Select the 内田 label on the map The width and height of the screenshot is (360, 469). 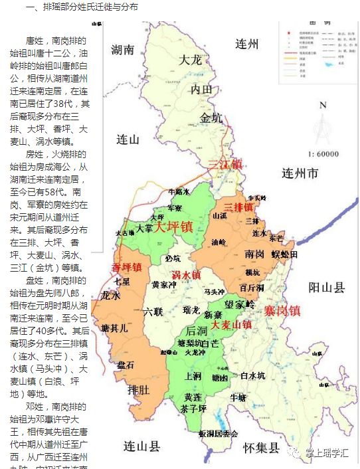pyautogui.click(x=201, y=89)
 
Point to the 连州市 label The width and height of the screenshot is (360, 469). pyautogui.click(x=301, y=174)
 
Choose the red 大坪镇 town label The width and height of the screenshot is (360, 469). pyautogui.click(x=173, y=227)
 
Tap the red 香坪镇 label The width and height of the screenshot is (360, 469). pyautogui.click(x=126, y=268)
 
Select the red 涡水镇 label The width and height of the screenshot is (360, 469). pyautogui.click(x=186, y=275)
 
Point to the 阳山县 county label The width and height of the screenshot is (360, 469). pyautogui.click(x=327, y=288)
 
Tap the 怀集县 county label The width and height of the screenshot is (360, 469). pyautogui.click(x=260, y=446)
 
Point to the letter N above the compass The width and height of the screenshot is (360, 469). pyautogui.click(x=323, y=105)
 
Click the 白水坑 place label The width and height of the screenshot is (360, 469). pyautogui.click(x=252, y=376)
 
